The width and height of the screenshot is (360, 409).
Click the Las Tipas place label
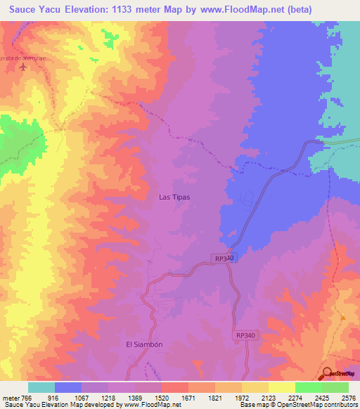176,197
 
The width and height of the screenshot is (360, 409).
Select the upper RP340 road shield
224,259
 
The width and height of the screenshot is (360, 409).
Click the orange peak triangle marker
342,317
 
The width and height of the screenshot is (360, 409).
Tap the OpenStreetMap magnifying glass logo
328,373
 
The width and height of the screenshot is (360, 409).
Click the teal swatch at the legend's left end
41,387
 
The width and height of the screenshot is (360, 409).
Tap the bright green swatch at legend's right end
335,387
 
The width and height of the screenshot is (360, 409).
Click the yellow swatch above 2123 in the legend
255,387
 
